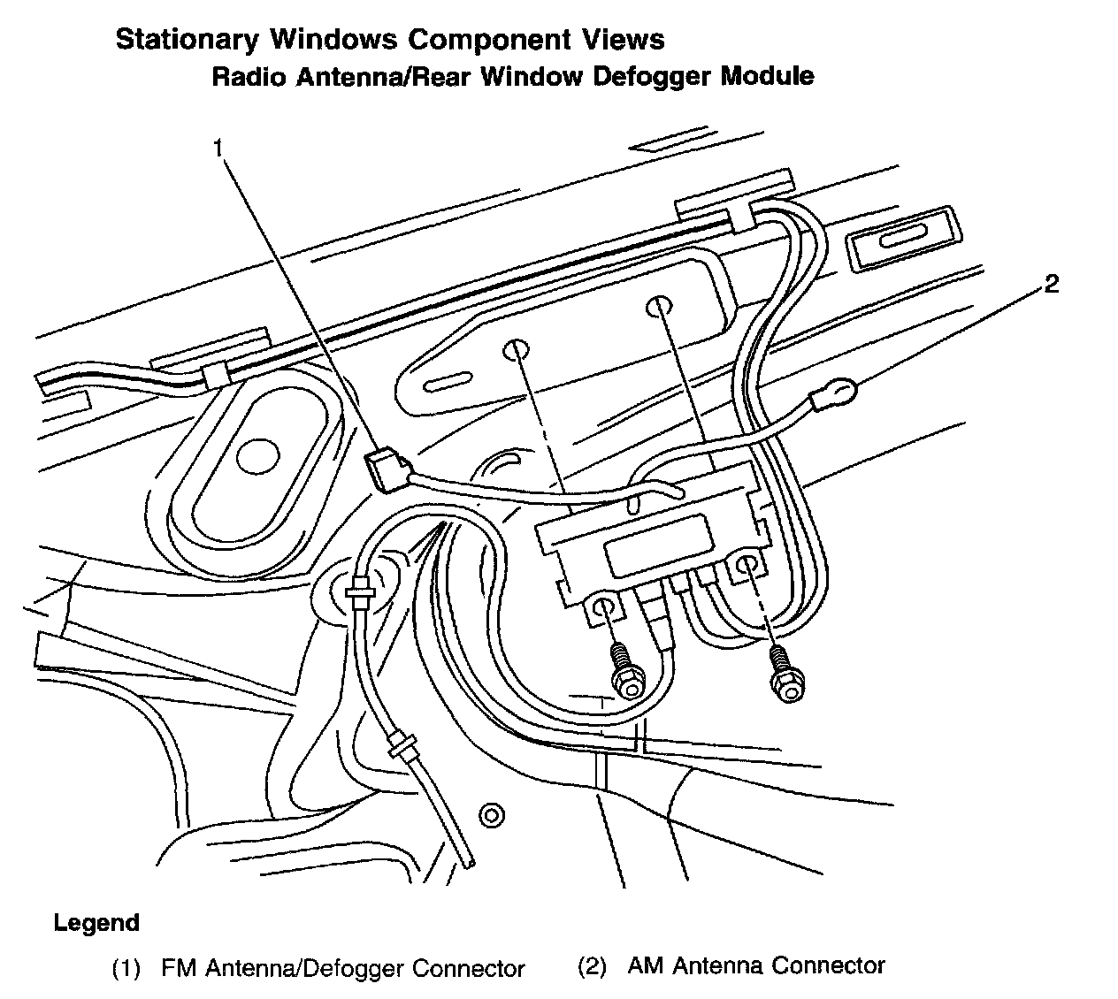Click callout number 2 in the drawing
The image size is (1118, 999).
click(1051, 285)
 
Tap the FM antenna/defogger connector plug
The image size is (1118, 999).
click(384, 468)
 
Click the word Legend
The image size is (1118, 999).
click(96, 924)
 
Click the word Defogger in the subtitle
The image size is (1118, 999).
click(652, 76)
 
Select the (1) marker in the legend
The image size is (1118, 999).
click(126, 969)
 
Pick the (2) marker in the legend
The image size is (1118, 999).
click(592, 966)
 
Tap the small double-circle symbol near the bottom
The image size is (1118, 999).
click(491, 814)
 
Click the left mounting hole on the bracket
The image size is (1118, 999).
click(515, 350)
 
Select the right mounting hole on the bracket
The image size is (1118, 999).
click(658, 307)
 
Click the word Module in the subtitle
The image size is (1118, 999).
click(768, 76)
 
